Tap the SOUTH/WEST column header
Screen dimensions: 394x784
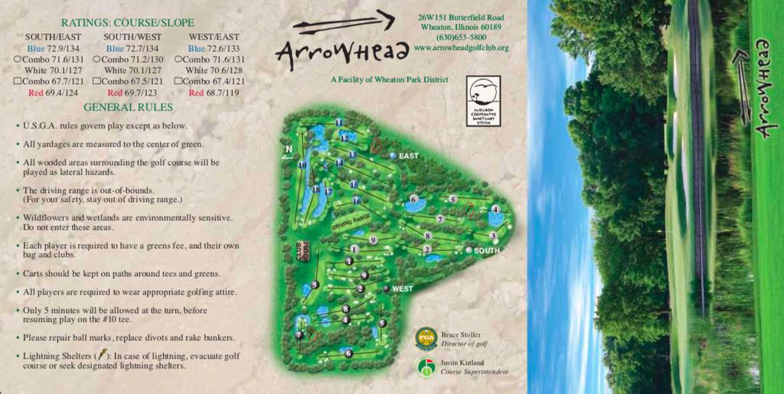(132, 37)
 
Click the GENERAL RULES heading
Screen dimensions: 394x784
(128, 107)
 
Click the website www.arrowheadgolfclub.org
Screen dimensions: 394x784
(461, 47)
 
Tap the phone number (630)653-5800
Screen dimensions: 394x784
(461, 37)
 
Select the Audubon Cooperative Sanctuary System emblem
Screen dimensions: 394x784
(483, 100)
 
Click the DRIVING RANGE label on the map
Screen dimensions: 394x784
(351, 222)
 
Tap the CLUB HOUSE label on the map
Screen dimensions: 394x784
(302, 253)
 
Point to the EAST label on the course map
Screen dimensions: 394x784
(408, 156)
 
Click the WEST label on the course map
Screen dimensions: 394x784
(402, 289)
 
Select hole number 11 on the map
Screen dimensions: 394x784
(338, 122)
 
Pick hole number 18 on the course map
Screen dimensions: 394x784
(315, 189)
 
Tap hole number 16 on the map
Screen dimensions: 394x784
(356, 201)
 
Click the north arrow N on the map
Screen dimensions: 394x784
(289, 150)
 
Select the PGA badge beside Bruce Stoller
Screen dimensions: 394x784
(426, 338)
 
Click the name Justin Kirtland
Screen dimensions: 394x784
(462, 363)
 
